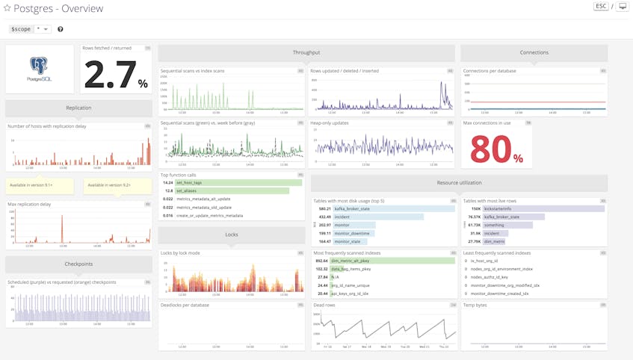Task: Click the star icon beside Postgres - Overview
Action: tap(7, 9)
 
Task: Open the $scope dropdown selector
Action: tap(43, 29)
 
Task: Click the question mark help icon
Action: tap(61, 29)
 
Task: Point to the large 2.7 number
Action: tap(110, 75)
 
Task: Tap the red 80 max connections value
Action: tap(491, 149)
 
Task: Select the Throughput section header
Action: tap(306, 52)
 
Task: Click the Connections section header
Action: tap(534, 52)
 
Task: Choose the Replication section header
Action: tap(78, 108)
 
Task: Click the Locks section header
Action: tap(232, 235)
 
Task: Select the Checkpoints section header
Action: tap(78, 264)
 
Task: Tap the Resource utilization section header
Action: tap(459, 182)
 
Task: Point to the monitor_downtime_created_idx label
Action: tap(504, 294)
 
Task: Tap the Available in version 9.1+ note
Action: tap(40, 185)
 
